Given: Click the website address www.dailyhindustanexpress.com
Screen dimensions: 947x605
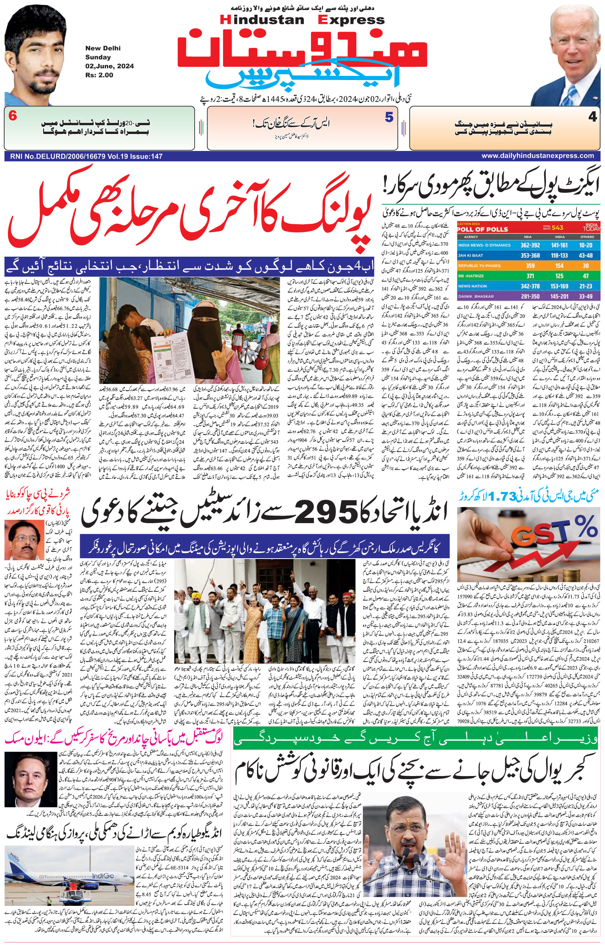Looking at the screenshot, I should click(x=537, y=156).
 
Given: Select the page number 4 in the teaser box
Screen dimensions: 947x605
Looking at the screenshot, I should click(x=593, y=117).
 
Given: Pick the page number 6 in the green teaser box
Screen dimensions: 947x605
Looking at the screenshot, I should click(x=13, y=116).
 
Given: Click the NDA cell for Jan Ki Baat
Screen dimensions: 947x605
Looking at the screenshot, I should click(x=530, y=256).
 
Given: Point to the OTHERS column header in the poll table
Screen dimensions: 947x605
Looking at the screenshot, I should click(x=587, y=237).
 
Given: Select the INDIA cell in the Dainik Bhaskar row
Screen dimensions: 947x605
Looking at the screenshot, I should click(x=559, y=297).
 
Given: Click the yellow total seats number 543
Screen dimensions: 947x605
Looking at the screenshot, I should click(x=557, y=227).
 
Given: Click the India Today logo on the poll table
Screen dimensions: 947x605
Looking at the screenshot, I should click(x=592, y=226).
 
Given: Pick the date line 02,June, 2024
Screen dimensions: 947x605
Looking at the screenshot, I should click(x=110, y=66).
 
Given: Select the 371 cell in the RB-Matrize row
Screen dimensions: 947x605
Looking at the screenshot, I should click(x=530, y=276).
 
